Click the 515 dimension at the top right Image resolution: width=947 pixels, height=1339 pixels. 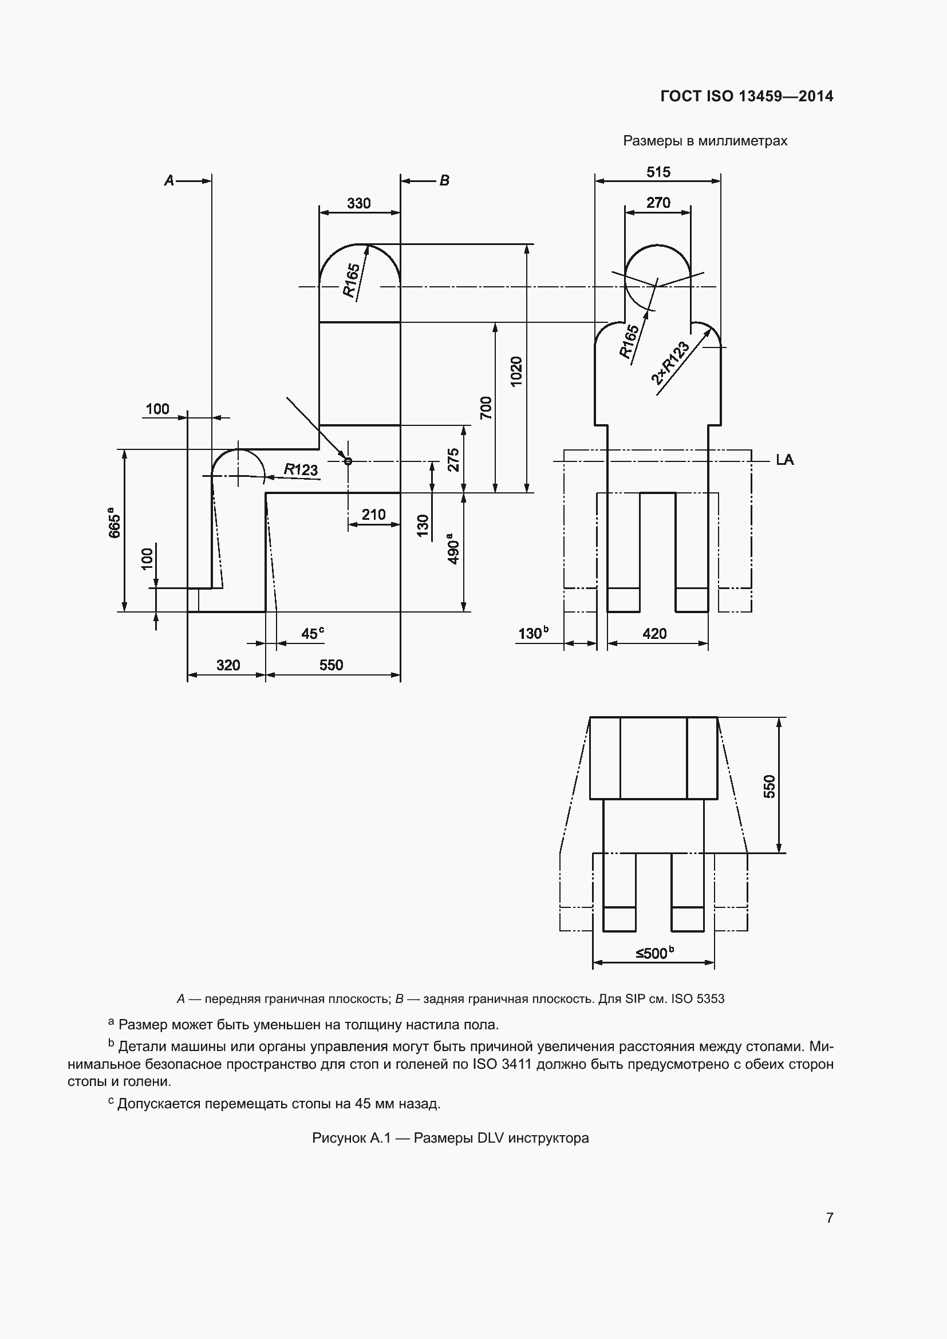click(x=658, y=172)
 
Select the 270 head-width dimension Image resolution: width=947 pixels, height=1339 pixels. click(x=658, y=203)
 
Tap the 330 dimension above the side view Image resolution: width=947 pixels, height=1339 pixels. click(x=358, y=204)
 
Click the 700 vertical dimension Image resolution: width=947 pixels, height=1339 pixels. click(x=486, y=407)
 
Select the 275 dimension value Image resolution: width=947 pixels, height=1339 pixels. click(x=453, y=460)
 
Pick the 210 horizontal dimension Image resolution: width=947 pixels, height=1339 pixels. click(x=373, y=515)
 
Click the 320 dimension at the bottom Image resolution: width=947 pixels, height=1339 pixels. click(x=228, y=665)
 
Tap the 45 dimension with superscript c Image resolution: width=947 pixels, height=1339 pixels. click(x=312, y=634)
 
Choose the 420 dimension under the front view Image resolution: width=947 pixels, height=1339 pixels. click(x=654, y=634)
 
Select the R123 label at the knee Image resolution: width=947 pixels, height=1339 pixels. click(x=301, y=469)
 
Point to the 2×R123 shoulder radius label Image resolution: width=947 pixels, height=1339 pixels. click(x=670, y=364)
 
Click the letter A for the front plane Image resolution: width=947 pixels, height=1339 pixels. click(x=169, y=181)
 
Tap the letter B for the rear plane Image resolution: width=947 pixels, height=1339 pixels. click(x=444, y=181)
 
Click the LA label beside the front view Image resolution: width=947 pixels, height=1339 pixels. click(x=784, y=460)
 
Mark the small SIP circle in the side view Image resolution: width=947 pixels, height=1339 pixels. click(x=348, y=461)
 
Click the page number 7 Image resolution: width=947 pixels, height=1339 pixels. click(x=829, y=1218)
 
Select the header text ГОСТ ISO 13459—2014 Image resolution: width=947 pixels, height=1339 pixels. click(x=747, y=97)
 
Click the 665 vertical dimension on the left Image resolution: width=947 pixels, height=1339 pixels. click(x=115, y=526)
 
